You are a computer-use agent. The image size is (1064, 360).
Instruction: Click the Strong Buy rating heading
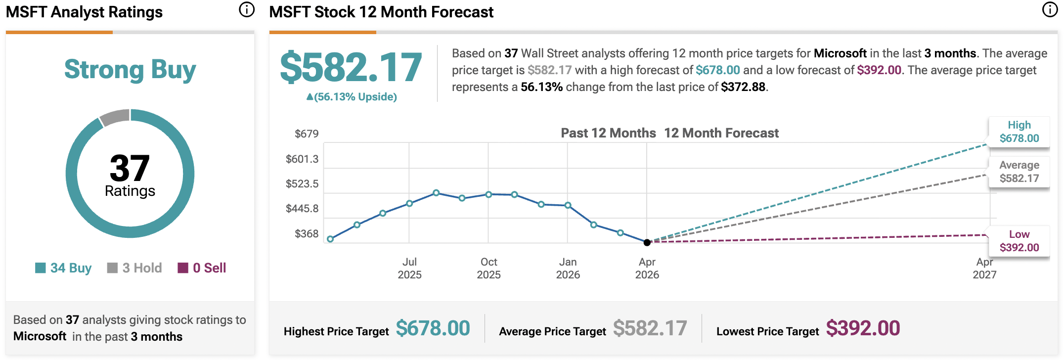click(130, 70)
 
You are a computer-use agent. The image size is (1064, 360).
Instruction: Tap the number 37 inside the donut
click(130, 168)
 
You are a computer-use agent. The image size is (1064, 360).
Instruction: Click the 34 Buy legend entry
click(64, 268)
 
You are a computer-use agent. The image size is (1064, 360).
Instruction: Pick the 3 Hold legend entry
click(134, 268)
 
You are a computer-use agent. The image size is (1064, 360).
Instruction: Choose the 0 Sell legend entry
click(202, 268)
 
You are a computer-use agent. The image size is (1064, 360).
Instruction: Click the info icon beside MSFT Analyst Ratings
click(246, 10)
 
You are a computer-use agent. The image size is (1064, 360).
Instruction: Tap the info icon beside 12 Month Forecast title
click(1050, 10)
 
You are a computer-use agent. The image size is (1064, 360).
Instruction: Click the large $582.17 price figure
click(351, 67)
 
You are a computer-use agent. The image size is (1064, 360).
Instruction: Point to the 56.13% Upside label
click(352, 97)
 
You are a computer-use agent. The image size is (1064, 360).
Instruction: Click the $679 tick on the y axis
click(307, 134)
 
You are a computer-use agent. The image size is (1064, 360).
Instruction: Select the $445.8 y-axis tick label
click(302, 209)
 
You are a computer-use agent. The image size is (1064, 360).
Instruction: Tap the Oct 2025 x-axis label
click(488, 268)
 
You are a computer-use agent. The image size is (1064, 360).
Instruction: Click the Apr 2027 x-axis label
click(984, 268)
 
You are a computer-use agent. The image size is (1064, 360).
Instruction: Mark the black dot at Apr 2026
click(647, 242)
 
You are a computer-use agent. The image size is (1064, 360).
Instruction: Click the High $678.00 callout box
click(1019, 132)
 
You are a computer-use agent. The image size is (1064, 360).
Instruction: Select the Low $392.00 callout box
click(1019, 241)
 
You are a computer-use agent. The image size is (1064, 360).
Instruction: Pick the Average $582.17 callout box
click(1019, 172)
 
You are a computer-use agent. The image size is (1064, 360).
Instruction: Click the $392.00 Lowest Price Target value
click(863, 328)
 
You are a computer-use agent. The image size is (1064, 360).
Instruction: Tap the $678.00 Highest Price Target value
click(433, 328)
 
